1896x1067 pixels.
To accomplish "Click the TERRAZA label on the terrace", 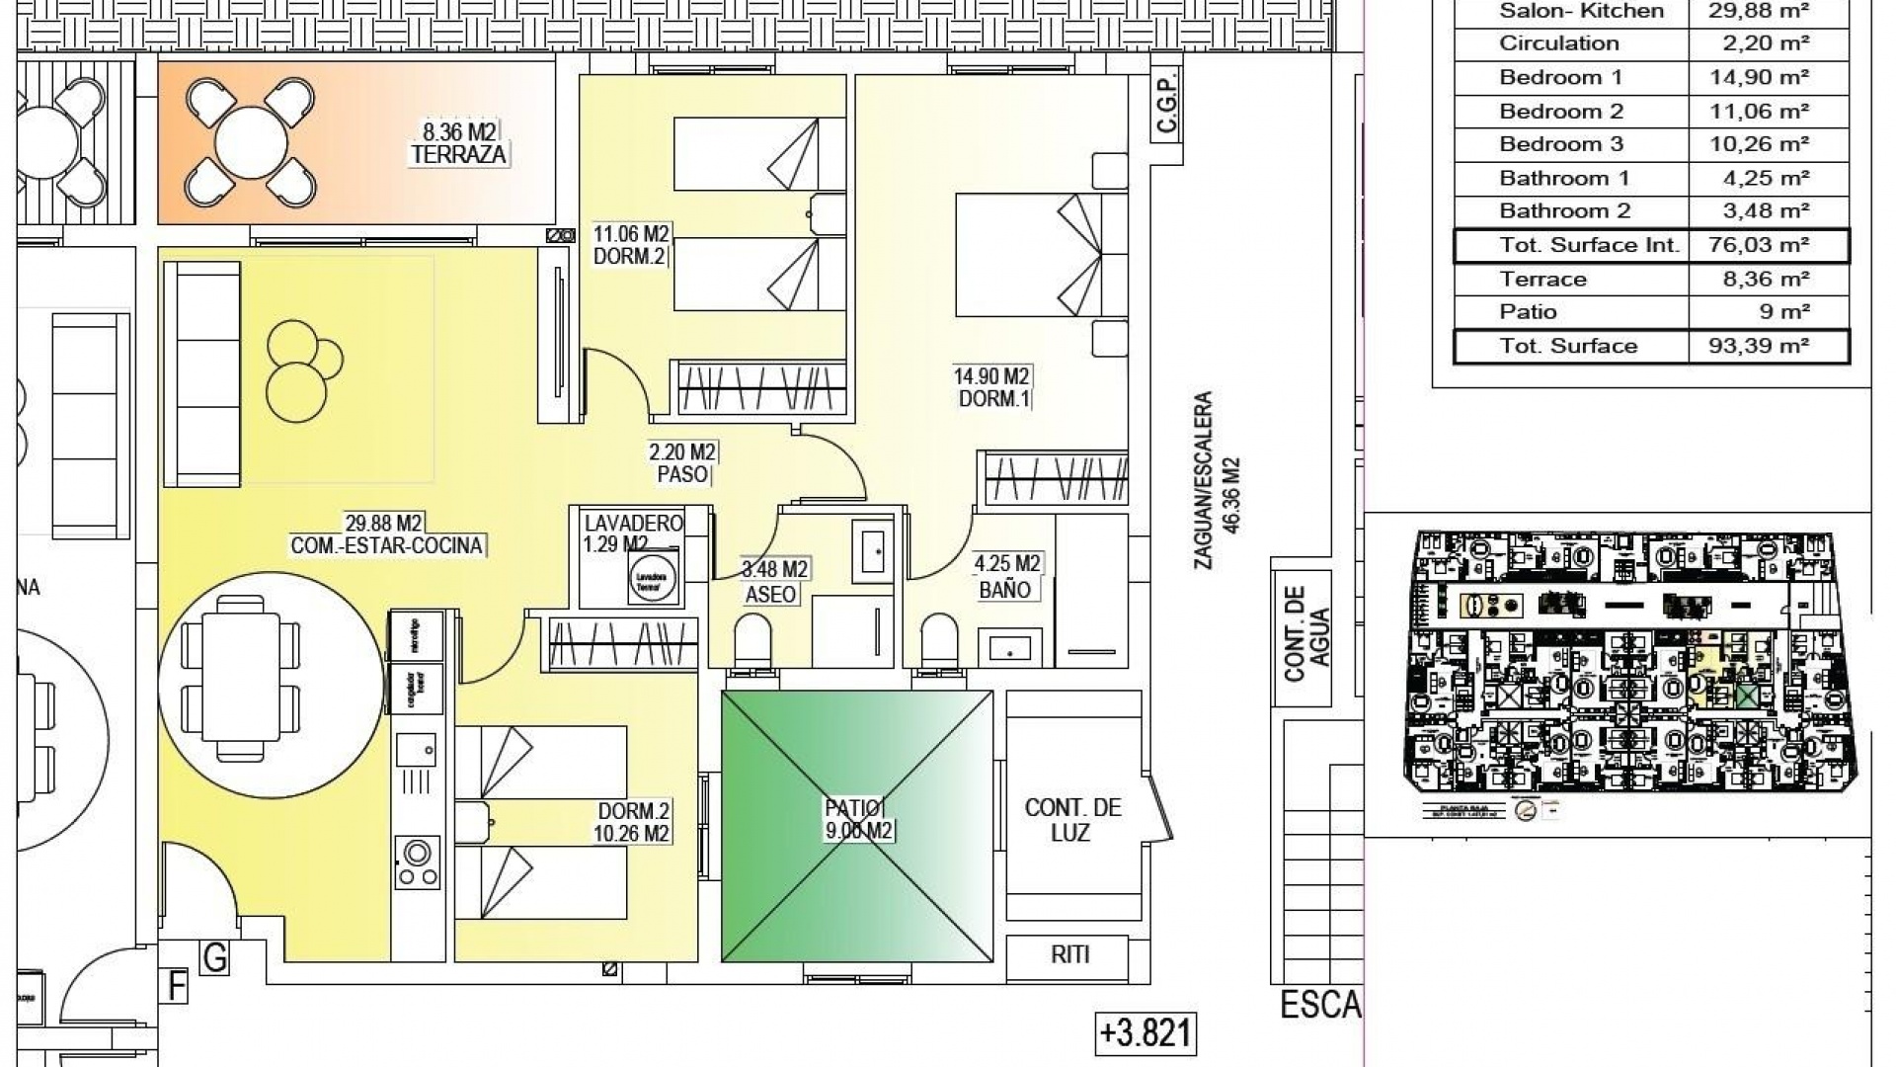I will pyautogui.click(x=459, y=154).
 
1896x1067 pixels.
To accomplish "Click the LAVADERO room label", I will pyautogui.click(x=633, y=524).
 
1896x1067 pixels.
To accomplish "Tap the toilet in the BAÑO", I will pyautogui.click(x=937, y=641).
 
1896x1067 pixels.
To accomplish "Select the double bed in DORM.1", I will pyautogui.click(x=1028, y=255).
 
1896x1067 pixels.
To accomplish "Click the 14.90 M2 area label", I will pyautogui.click(x=990, y=376).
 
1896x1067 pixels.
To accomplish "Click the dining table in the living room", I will pyautogui.click(x=241, y=682).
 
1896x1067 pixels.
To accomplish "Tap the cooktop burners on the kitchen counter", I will pyautogui.click(x=417, y=862).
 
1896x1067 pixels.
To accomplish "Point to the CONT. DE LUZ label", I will pyautogui.click(x=1072, y=820).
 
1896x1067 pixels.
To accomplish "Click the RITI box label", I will pyautogui.click(x=1070, y=954).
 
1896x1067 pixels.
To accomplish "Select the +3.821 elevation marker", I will pyautogui.click(x=1145, y=1033).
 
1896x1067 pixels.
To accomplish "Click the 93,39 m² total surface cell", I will pyautogui.click(x=1759, y=346).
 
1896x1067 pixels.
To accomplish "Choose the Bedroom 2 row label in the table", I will pyautogui.click(x=1560, y=112).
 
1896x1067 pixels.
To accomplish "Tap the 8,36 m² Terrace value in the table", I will pyautogui.click(x=1759, y=280).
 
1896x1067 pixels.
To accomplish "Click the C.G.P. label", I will pyautogui.click(x=1167, y=110).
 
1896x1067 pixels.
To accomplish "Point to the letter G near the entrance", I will pyautogui.click(x=214, y=956).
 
